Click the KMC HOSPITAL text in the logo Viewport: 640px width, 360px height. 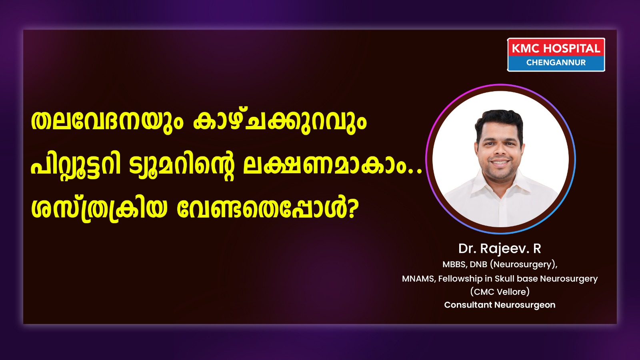pyautogui.click(x=556, y=48)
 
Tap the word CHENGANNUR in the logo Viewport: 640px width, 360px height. pyautogui.click(x=556, y=62)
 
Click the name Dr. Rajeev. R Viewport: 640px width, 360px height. pyautogui.click(x=500, y=248)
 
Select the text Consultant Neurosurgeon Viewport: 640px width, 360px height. pyautogui.click(x=500, y=305)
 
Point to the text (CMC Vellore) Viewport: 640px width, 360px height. pyautogui.click(x=500, y=292)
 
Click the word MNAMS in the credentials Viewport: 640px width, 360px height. pyautogui.click(x=419, y=278)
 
